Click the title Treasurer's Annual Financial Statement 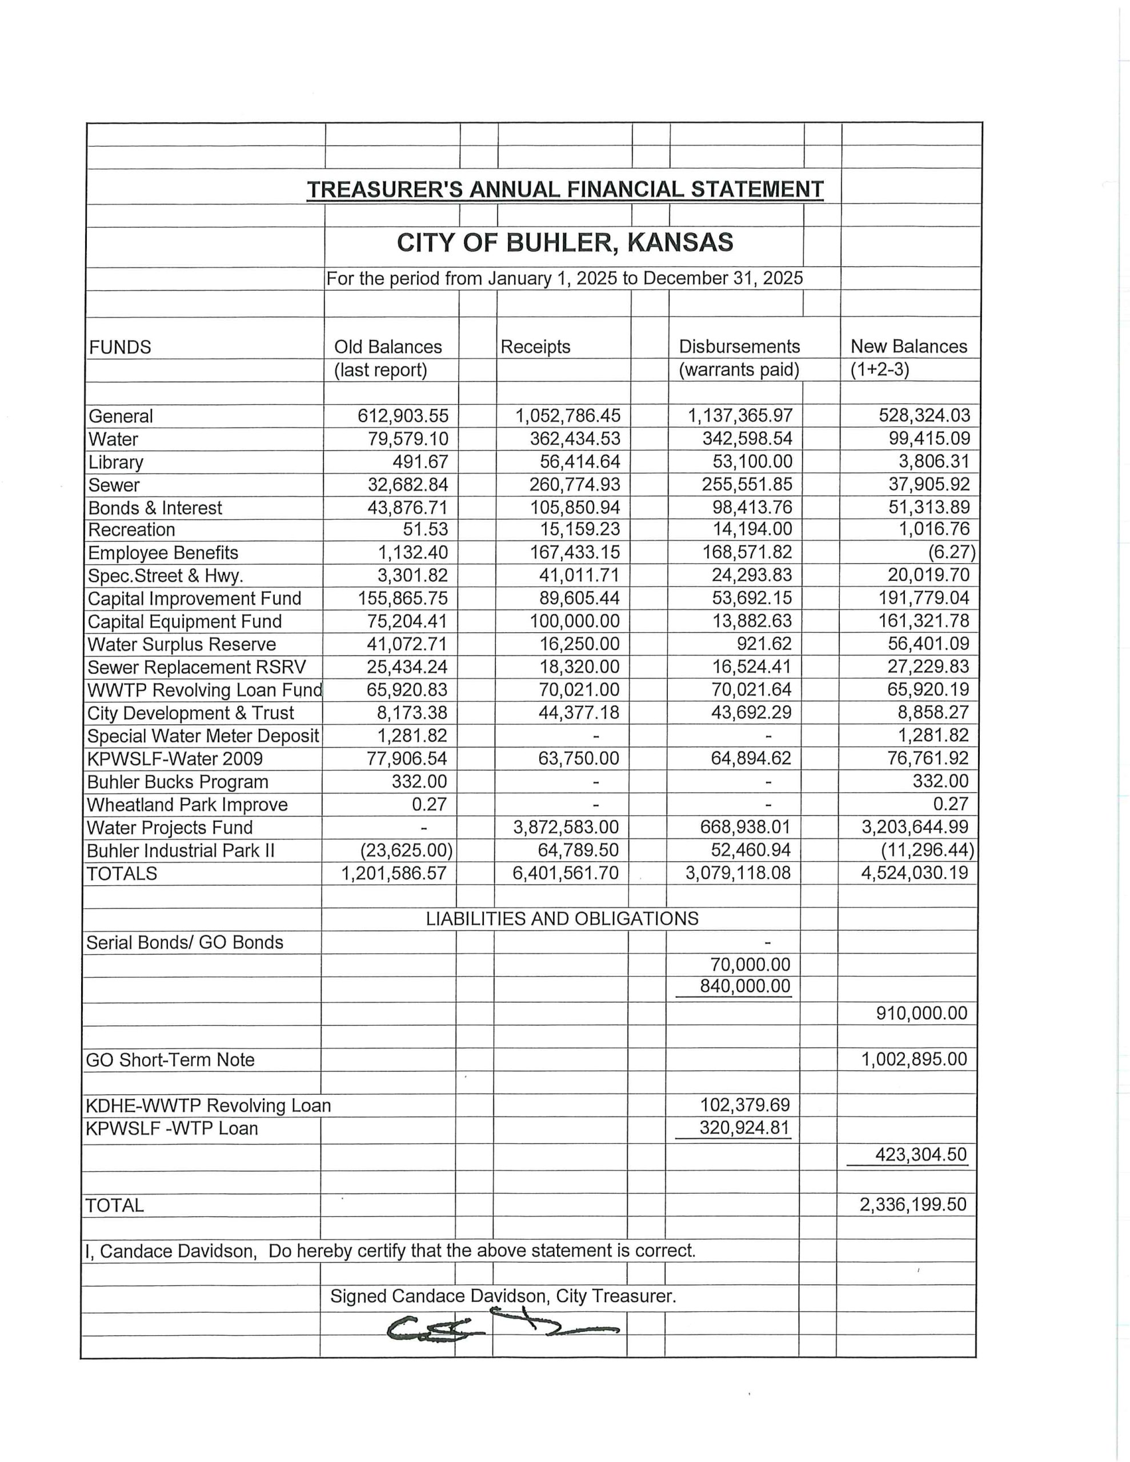564,190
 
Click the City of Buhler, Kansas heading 564,242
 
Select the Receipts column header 535,347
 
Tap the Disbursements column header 739,347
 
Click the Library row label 116,462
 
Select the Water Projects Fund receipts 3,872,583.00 566,827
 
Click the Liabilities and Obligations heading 562,918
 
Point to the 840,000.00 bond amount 745,986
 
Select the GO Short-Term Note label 170,1060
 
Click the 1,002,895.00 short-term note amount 913,1059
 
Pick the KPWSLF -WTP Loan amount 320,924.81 744,1128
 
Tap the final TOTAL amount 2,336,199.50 913,1204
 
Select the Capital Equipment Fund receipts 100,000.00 575,621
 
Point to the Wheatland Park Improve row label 187,805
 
